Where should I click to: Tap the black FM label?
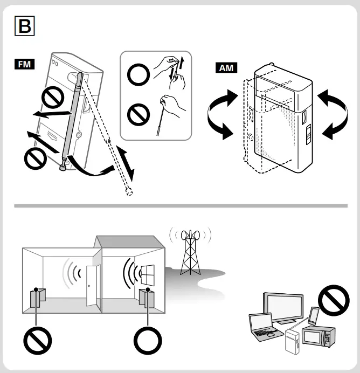(x=24, y=65)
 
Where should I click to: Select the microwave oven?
(x=318, y=336)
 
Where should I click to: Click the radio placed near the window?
(x=147, y=298)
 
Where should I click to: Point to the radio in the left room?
(x=38, y=298)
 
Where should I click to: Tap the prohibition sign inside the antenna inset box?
(x=138, y=115)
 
